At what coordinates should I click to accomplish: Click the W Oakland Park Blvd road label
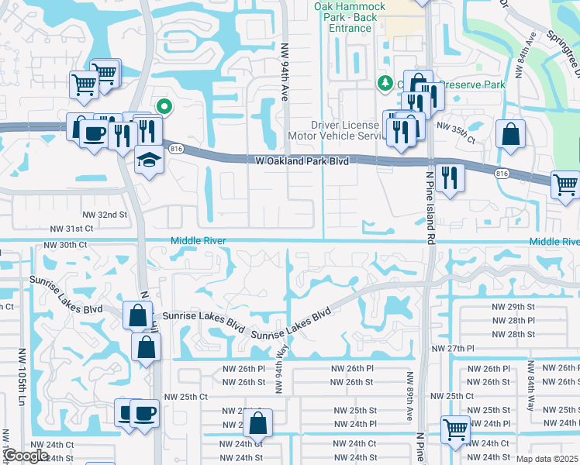coord(302,161)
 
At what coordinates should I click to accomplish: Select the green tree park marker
coord(384,83)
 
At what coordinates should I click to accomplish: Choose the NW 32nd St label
coord(105,214)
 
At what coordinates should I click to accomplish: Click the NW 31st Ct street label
coord(71,229)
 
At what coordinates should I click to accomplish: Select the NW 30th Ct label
coord(65,245)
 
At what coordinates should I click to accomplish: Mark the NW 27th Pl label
coord(471,349)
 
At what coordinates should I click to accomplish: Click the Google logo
coord(26,456)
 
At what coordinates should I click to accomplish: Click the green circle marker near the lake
coord(164,107)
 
